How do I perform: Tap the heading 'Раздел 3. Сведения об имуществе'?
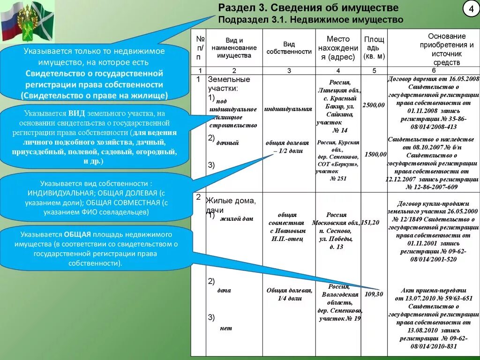point(308,8)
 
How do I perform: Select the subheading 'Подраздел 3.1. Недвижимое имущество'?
point(311,20)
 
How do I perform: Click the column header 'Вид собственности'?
point(289,48)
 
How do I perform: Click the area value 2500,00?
point(374,105)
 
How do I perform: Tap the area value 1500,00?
point(375,154)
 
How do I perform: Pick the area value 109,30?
point(374,294)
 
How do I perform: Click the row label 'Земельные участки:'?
point(229,83)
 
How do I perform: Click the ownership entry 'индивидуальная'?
point(288,109)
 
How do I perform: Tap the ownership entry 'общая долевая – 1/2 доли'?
point(288,147)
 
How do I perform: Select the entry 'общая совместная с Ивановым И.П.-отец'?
point(287,227)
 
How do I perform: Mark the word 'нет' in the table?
point(226,328)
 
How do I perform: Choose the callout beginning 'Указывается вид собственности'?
point(96,198)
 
